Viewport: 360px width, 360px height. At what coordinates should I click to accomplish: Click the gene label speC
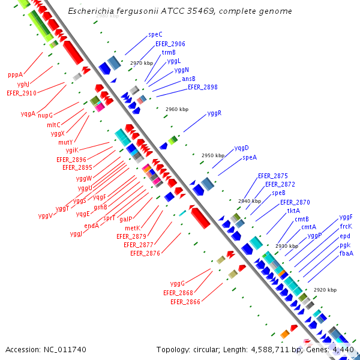coord(155,35)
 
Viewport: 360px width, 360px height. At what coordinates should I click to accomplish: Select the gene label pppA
coord(15,75)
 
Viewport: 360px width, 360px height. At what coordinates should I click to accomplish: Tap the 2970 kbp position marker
coord(142,63)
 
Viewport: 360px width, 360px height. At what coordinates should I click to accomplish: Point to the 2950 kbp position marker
coord(212,155)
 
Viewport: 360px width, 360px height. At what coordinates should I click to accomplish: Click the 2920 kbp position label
coord(325,290)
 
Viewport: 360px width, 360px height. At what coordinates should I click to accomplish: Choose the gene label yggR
coord(214,113)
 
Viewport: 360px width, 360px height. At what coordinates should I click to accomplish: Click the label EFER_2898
coord(202,87)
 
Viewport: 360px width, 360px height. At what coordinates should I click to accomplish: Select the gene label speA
coord(250,157)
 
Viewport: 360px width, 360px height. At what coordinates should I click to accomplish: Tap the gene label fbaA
coord(346,253)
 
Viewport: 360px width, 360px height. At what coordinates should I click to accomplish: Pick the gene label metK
coord(132,228)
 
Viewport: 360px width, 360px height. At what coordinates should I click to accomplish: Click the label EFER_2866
coord(185,302)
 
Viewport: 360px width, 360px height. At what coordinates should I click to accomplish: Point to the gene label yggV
coord(46,216)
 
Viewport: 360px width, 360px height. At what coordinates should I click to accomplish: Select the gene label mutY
coord(65,142)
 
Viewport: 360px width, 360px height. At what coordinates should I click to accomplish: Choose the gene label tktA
coord(293,211)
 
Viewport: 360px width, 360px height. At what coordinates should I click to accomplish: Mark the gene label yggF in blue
coord(346,217)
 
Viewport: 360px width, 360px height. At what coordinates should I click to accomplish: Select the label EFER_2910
coord(22,93)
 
